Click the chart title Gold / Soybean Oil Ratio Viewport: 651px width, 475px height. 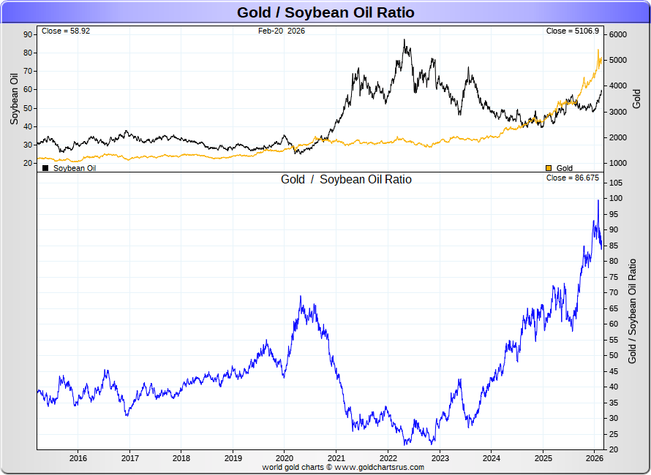pyautogui.click(x=325, y=12)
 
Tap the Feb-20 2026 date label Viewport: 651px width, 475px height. pyautogui.click(x=282, y=31)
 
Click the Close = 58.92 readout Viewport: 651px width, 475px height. pyautogui.click(x=66, y=31)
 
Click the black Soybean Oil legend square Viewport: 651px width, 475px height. pyautogui.click(x=46, y=168)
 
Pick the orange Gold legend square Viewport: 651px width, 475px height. pyautogui.click(x=549, y=168)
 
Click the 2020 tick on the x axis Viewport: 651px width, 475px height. pyautogui.click(x=285, y=458)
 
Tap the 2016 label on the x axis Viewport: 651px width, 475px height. pyautogui.click(x=78, y=458)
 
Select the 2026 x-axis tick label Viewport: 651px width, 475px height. pyautogui.click(x=595, y=458)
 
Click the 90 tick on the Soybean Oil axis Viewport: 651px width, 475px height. pyautogui.click(x=28, y=34)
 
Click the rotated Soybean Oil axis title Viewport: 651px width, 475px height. pyautogui.click(x=13, y=99)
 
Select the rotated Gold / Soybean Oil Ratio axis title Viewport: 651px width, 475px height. pyautogui.click(x=633, y=311)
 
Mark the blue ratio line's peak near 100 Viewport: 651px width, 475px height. pyautogui.click(x=598, y=200)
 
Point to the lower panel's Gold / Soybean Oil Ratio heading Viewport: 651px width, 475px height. pyautogui.click(x=346, y=179)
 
